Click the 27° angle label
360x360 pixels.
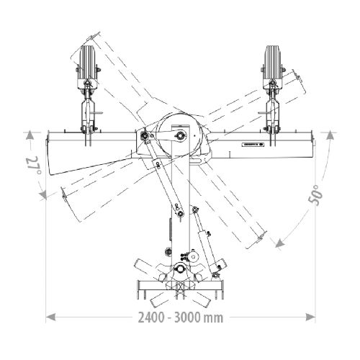click(34, 166)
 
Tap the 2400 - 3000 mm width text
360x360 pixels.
click(181, 318)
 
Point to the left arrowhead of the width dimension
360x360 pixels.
click(50, 317)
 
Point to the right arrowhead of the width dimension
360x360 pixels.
click(310, 317)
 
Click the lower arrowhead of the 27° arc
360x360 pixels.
click(43, 194)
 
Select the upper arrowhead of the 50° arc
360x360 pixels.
click(330, 135)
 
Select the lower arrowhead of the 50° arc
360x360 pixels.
click(280, 243)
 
